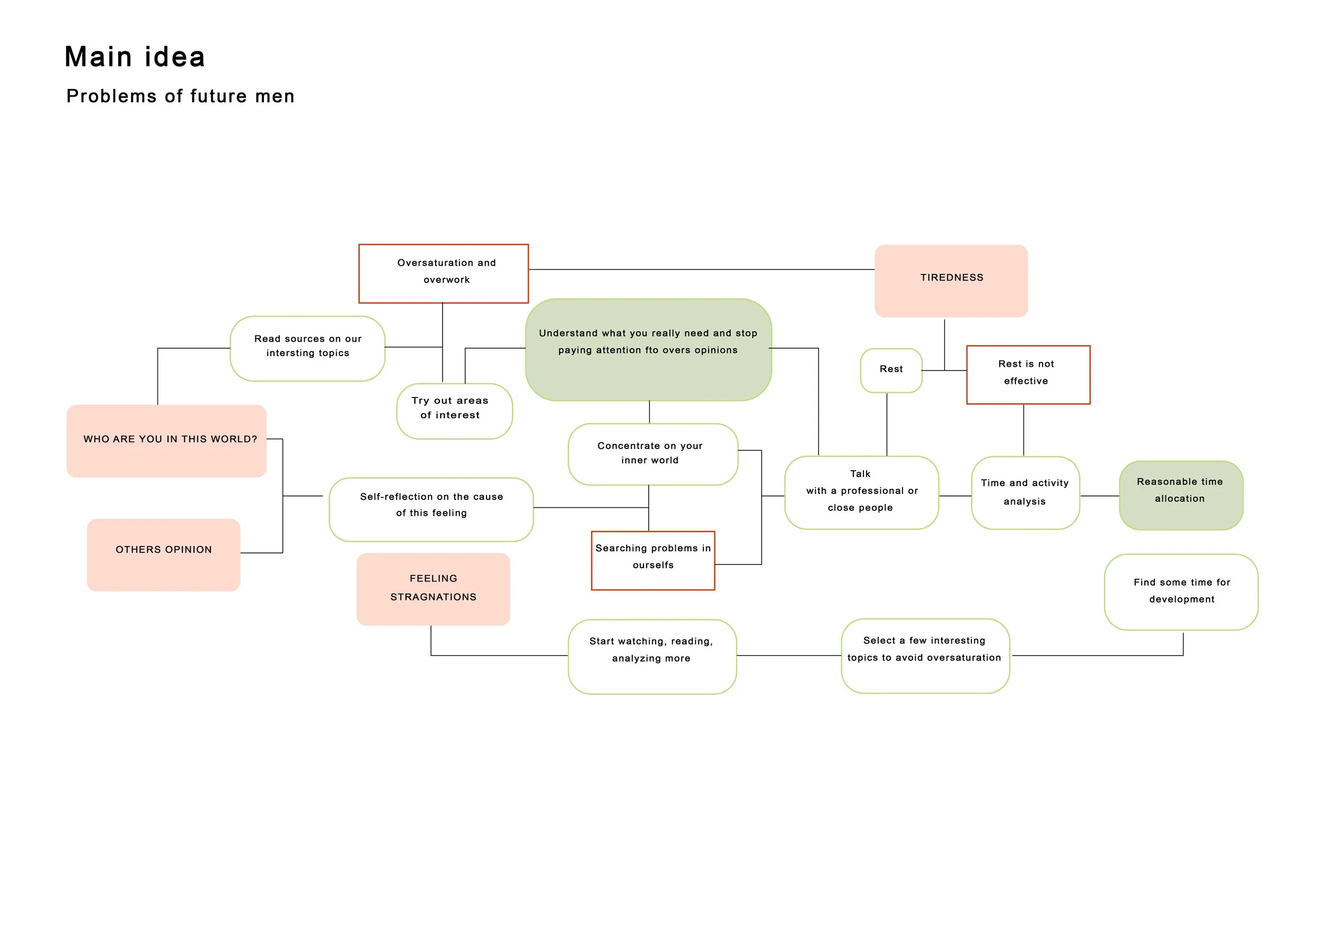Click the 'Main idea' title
point(135,57)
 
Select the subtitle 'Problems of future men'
point(181,96)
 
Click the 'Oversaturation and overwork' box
point(443,273)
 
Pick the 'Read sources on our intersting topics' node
point(307,349)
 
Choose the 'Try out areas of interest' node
point(454,411)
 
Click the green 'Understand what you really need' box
point(649,350)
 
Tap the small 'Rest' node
point(891,370)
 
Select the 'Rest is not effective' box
point(1028,375)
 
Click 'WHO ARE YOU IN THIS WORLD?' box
point(167,441)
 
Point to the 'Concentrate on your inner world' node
point(652,454)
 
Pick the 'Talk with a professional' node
point(862,493)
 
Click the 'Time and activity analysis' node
point(1026,493)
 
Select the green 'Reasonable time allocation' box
point(1181,495)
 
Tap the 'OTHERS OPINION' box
point(163,555)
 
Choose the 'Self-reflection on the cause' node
point(431,509)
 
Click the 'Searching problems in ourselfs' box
point(653,560)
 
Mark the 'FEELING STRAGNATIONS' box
point(434,589)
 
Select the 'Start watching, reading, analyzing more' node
point(652,657)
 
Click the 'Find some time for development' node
point(1181,592)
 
